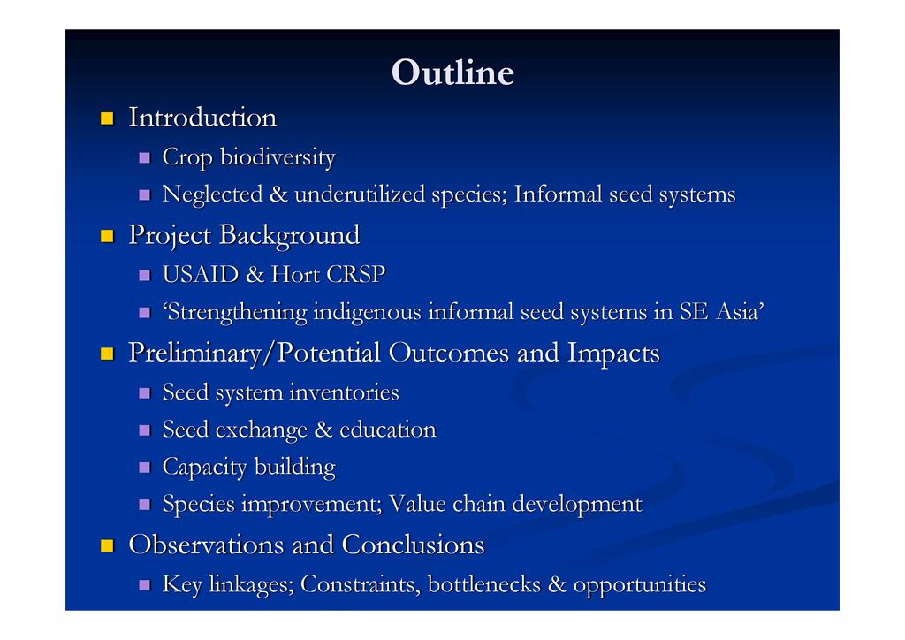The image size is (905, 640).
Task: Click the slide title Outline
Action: [452, 72]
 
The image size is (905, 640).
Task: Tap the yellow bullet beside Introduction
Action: [107, 118]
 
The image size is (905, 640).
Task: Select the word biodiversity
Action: [278, 157]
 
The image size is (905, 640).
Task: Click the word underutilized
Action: [360, 194]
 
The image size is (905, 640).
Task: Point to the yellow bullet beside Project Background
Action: [107, 236]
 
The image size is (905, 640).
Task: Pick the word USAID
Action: [201, 275]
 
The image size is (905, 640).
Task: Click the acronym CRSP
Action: [355, 275]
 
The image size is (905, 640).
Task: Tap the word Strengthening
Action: [235, 312]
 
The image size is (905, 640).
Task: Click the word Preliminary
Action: [194, 354]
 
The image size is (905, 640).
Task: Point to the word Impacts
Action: [613, 354]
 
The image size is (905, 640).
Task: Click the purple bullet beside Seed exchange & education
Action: [144, 430]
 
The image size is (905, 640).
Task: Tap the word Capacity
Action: [204, 468]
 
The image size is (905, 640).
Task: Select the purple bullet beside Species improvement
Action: [144, 505]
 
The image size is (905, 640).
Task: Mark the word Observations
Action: [206, 545]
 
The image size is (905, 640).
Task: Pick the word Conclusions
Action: [414, 545]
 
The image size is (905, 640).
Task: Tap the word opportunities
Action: [640, 585]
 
